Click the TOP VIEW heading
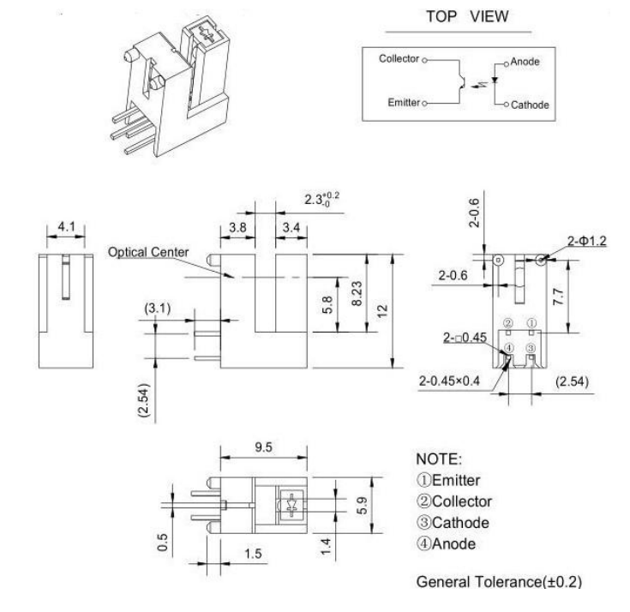pos(467,16)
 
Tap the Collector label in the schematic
pos(399,58)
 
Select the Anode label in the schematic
pos(525,62)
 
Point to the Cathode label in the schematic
pos(530,105)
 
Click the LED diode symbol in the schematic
pos(495,80)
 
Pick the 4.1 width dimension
pos(66,226)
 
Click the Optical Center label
pos(148,252)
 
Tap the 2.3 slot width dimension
pos(321,199)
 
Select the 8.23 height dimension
pos(357,293)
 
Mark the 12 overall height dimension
pos(382,311)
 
